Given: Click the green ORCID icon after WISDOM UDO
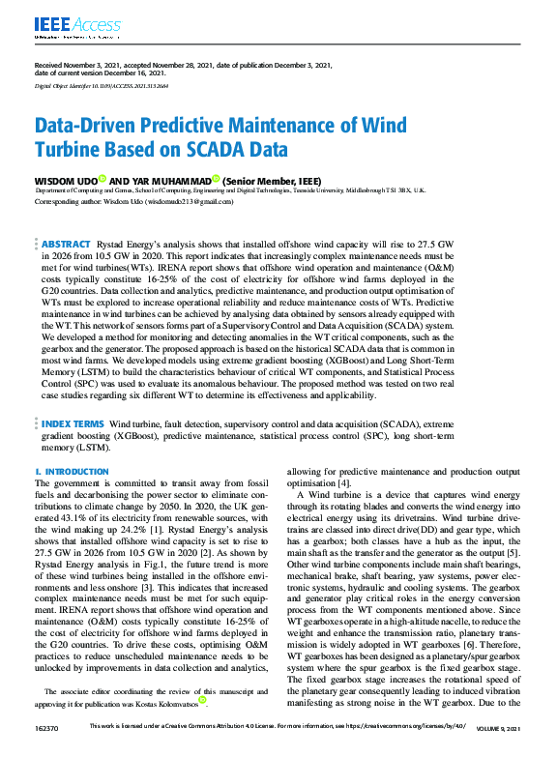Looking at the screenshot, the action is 103,179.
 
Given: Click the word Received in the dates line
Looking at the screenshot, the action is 51,65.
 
